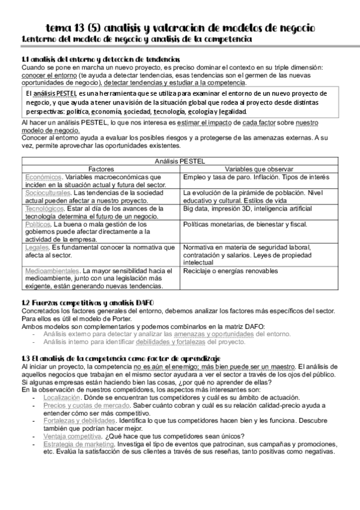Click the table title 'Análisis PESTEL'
coord(180,161)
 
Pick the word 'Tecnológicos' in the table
coord(45,208)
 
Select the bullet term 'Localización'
coord(61,398)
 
